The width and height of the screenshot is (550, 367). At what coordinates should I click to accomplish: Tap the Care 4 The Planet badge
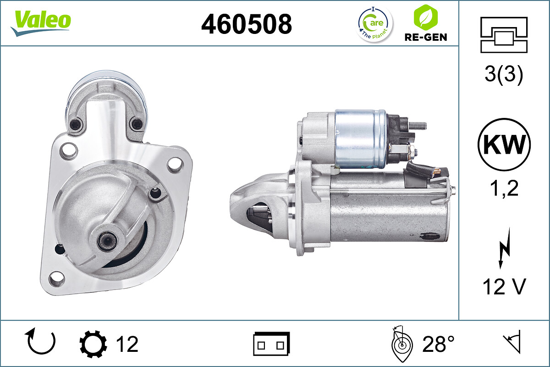coord(375,24)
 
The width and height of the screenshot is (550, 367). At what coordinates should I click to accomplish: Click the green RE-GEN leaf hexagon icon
coord(425,17)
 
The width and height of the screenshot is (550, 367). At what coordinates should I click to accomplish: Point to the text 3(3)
coord(504,75)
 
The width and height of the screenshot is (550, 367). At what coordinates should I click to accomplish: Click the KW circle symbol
coord(504,145)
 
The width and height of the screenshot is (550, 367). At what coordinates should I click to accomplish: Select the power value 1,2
coord(504,188)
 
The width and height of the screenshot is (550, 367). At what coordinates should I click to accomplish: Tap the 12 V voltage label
coord(504,287)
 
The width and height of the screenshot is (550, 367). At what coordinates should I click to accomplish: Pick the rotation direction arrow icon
coord(41,342)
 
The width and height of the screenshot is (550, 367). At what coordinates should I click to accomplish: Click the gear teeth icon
coord(93,344)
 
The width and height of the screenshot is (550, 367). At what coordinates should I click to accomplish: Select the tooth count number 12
coord(126,344)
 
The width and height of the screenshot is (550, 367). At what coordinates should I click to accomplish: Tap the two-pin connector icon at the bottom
coord(271,344)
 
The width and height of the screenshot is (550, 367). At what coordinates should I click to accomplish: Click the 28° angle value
coord(439,344)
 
